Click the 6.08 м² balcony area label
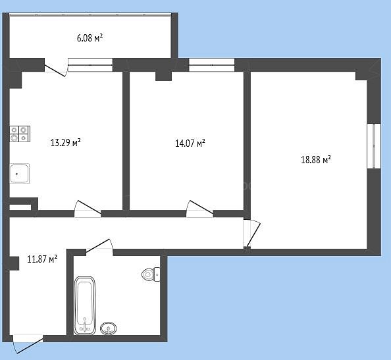[x=90, y=38]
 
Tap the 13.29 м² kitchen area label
[x=66, y=143]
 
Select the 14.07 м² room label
[x=190, y=143]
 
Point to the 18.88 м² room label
[x=316, y=159]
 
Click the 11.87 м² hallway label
[x=42, y=259]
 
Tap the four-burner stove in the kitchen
[x=20, y=134]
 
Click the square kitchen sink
[x=20, y=174]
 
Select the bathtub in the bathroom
[x=85, y=305]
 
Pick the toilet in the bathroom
[x=151, y=274]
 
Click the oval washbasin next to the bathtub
[x=108, y=328]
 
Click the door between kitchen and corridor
[x=88, y=209]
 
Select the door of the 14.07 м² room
[x=199, y=209]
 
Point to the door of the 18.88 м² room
[x=251, y=234]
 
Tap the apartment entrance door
[x=28, y=344]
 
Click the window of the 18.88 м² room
[x=374, y=146]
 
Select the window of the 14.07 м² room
[x=211, y=64]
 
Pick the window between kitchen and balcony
[x=90, y=64]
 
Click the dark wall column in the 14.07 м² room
[x=164, y=76]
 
